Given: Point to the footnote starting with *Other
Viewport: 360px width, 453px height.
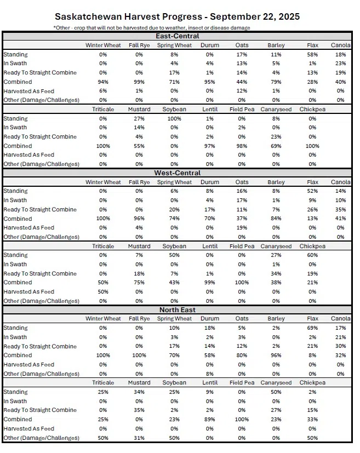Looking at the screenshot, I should (x=152, y=27).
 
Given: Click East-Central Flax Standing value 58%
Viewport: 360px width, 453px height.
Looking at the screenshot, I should (x=312, y=55).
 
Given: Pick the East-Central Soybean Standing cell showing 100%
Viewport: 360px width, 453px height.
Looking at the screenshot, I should (x=175, y=119).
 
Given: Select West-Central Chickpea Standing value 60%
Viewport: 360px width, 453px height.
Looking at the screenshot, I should (x=312, y=255).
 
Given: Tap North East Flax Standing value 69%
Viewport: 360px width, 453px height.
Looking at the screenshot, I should (x=312, y=328).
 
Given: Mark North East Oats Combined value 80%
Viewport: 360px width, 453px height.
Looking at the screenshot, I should (x=242, y=355).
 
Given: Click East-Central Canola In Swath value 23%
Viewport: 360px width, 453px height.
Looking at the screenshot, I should (x=340, y=64).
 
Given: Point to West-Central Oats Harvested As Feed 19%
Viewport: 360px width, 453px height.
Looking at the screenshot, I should (x=242, y=228).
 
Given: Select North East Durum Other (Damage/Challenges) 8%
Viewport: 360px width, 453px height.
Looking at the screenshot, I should (x=210, y=374).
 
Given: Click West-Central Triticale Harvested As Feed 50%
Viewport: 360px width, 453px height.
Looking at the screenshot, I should (x=103, y=292).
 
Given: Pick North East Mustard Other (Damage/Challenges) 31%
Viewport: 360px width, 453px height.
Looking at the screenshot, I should (x=139, y=438).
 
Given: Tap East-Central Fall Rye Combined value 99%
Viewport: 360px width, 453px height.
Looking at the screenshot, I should (x=139, y=82).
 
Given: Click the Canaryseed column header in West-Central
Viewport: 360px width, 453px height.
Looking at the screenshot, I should (x=277, y=246).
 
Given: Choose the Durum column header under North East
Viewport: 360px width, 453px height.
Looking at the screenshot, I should (x=210, y=319).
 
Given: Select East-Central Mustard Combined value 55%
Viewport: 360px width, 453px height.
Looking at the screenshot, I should (x=139, y=146).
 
